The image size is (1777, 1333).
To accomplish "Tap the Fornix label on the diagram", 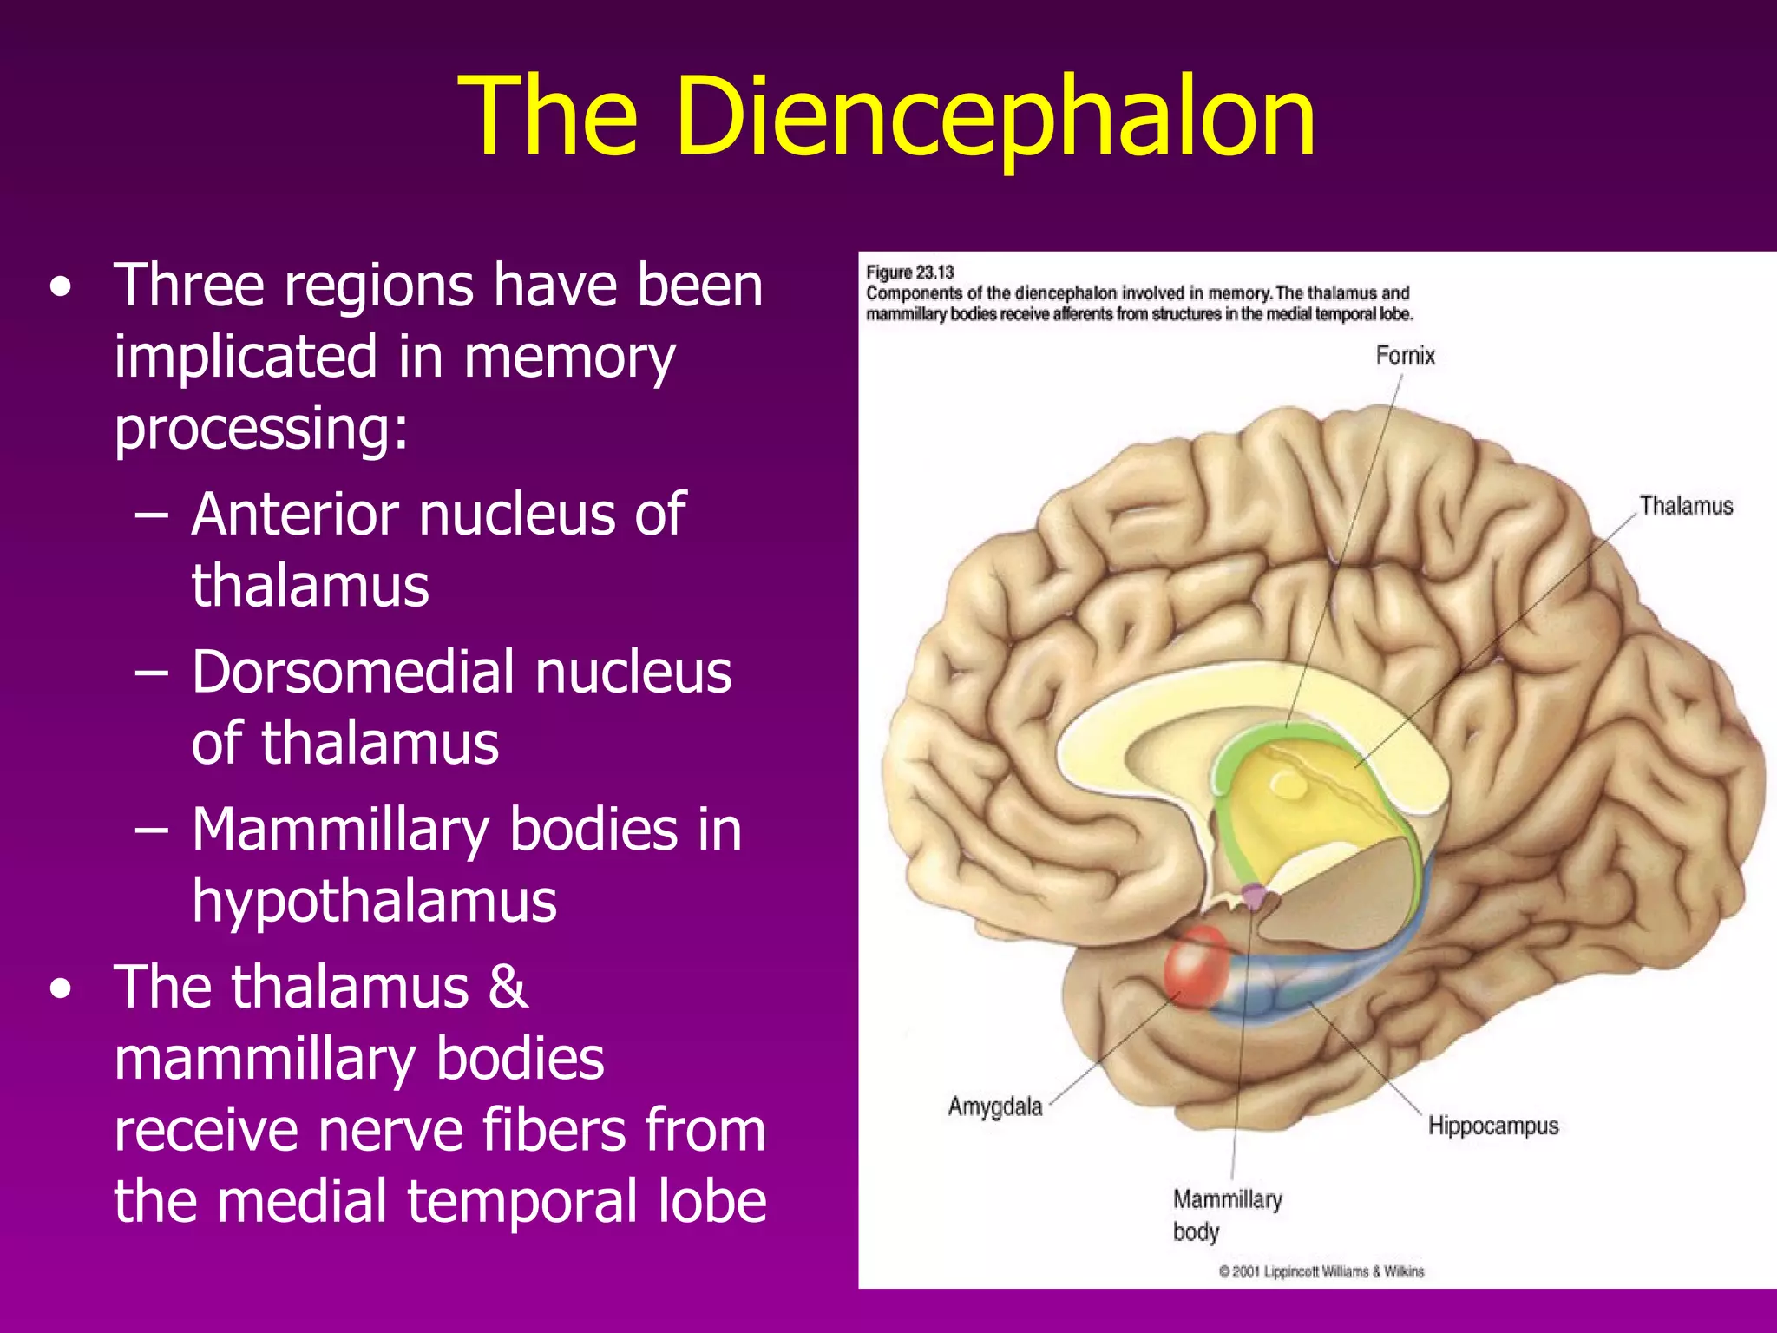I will [x=1405, y=356].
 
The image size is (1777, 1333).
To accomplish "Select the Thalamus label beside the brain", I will [x=1685, y=506].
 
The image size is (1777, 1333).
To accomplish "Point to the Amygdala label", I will [x=994, y=1106].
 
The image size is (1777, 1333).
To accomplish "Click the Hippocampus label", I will [x=1492, y=1126].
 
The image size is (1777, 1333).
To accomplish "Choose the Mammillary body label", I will [x=1226, y=1215].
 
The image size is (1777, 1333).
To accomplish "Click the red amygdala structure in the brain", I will [x=1197, y=966].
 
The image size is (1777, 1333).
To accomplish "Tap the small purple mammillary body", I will [x=1254, y=896].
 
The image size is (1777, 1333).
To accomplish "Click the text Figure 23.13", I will [x=909, y=273].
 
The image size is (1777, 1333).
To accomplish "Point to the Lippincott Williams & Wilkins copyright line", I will [x=1321, y=1271].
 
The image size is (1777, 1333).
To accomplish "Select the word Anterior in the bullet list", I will [x=294, y=515].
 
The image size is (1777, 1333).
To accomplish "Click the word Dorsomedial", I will [x=352, y=673].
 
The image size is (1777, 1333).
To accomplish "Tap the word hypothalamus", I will [x=374, y=901].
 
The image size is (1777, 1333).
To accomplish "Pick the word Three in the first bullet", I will [x=188, y=286].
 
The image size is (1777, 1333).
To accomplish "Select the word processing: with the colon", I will [x=261, y=428].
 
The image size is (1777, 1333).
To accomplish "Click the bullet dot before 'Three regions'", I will [x=60, y=287].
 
